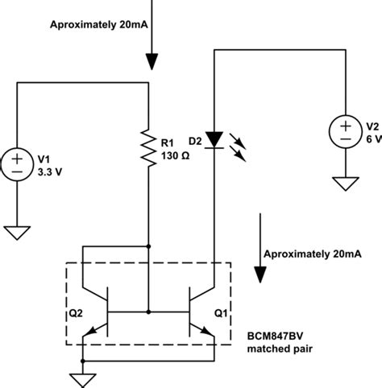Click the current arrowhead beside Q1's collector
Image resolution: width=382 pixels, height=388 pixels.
(x=260, y=274)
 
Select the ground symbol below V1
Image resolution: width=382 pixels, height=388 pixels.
(x=16, y=233)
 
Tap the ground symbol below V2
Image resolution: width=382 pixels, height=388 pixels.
(x=344, y=185)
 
